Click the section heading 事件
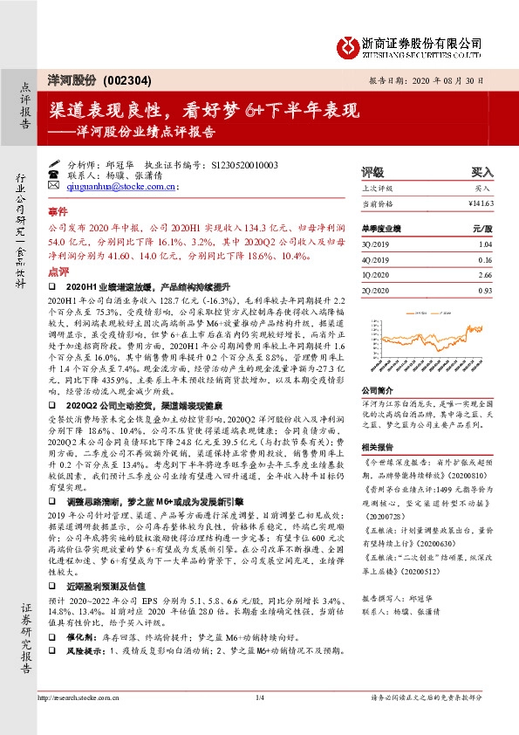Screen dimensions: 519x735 (x=58, y=211)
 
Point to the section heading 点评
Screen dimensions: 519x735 (x=58, y=272)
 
